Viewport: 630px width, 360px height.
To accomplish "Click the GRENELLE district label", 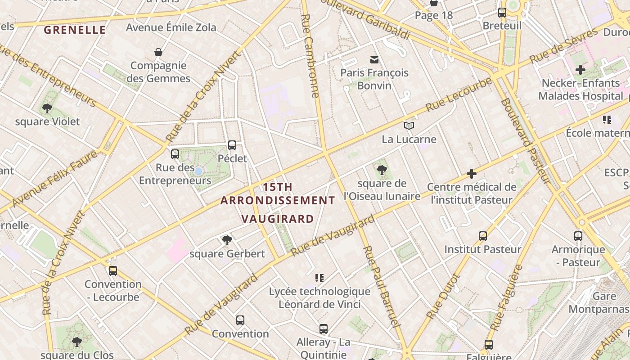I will click(75, 30).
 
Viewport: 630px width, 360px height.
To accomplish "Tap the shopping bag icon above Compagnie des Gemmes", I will click(158, 53).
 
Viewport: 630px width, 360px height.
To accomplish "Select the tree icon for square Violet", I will click(47, 108).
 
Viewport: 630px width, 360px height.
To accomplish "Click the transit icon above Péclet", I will click(232, 145).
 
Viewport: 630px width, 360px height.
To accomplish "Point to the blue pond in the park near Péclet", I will click(198, 171).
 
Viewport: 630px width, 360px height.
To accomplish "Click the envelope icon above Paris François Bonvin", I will click(374, 59).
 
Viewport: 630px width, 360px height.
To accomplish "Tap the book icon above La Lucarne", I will click(409, 126).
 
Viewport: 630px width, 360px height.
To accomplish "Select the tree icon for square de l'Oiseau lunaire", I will click(382, 170).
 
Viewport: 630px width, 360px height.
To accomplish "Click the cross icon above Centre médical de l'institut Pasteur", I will click(472, 174).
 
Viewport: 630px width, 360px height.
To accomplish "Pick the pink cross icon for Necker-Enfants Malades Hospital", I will click(580, 70).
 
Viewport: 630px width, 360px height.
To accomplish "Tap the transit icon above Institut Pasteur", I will click(483, 236).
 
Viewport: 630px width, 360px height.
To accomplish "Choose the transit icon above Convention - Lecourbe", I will click(113, 271).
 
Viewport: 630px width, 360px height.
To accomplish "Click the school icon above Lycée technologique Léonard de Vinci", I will click(319, 278).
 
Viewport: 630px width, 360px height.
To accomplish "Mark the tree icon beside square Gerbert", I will click(227, 240).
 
